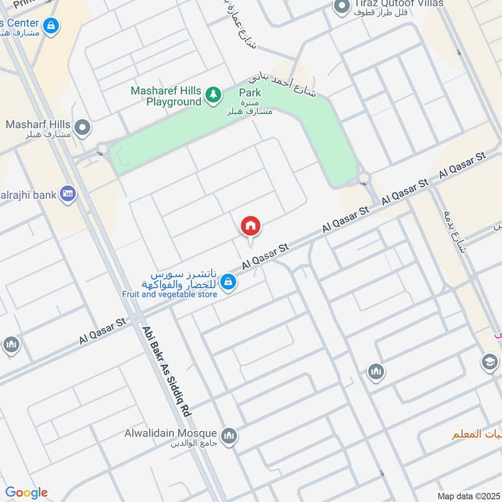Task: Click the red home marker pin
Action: pyautogui.click(x=250, y=227)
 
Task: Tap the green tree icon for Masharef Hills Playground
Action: pyautogui.click(x=214, y=95)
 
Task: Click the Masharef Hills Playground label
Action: pyautogui.click(x=166, y=95)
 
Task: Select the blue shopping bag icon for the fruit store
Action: pyautogui.click(x=228, y=281)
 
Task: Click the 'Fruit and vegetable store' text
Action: pyautogui.click(x=169, y=293)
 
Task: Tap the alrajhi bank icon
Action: pyautogui.click(x=68, y=194)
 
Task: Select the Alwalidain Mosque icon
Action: pyautogui.click(x=229, y=435)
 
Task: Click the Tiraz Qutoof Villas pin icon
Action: pyautogui.click(x=341, y=7)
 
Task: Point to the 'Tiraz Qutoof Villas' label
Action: pyautogui.click(x=398, y=4)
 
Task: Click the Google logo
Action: pyautogui.click(x=26, y=493)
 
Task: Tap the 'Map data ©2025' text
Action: pyautogui.click(x=468, y=496)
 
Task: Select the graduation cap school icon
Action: pyautogui.click(x=489, y=362)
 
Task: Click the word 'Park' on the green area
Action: pyautogui.click(x=249, y=93)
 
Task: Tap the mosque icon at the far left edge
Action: pyautogui.click(x=11, y=345)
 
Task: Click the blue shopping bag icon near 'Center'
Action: pyautogui.click(x=53, y=26)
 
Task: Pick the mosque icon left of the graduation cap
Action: pyautogui.click(x=376, y=373)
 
